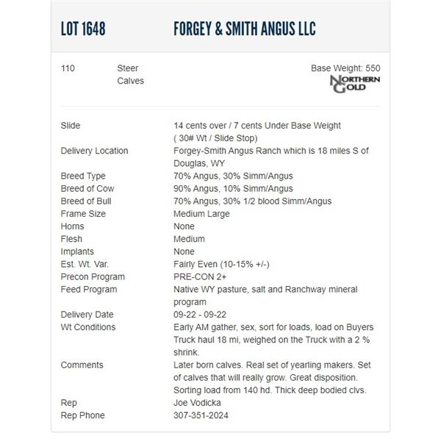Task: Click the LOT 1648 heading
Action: tap(83, 29)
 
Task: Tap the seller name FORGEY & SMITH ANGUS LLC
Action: tap(244, 29)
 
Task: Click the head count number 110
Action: tap(68, 68)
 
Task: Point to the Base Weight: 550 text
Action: tap(345, 68)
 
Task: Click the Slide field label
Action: tap(71, 126)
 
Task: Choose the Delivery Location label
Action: tap(94, 151)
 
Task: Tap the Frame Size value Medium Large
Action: tap(201, 214)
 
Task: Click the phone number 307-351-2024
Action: tap(201, 415)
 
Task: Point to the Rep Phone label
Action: tap(82, 415)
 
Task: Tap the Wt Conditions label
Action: tap(88, 327)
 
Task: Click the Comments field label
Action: tap(82, 365)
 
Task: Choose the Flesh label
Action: tap(71, 239)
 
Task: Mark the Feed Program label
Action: tap(88, 290)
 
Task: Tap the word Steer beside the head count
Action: tap(128, 68)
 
